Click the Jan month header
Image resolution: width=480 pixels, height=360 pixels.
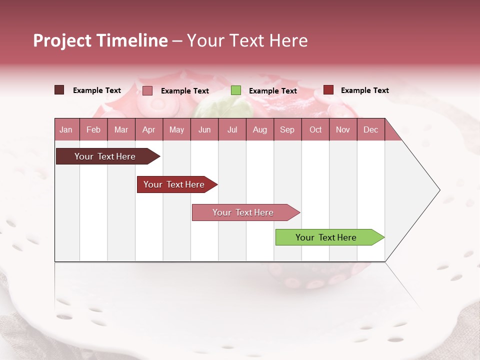pos(66,129)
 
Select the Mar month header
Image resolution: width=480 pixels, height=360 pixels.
pos(121,129)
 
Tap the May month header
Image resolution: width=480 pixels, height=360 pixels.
pos(176,129)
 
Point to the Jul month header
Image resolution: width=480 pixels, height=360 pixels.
pos(232,129)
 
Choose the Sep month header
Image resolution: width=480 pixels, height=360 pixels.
pos(287,129)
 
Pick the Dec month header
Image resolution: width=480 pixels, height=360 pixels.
pos(370,129)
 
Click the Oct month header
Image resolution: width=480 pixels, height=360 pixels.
pos(315,129)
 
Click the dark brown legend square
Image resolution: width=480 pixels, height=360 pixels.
pos(59,90)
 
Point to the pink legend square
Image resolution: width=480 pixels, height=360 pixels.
pos(147,90)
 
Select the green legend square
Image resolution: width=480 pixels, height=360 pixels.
pos(236,90)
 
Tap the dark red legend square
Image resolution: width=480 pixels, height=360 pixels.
pos(328,90)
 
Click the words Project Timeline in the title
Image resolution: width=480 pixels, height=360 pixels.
pos(100,40)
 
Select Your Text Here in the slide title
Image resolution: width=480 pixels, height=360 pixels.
pos(247,40)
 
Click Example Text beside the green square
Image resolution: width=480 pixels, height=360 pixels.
pos(272,91)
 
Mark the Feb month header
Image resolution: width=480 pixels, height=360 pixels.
pos(93,129)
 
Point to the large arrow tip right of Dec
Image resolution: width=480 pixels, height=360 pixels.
pos(420,190)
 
